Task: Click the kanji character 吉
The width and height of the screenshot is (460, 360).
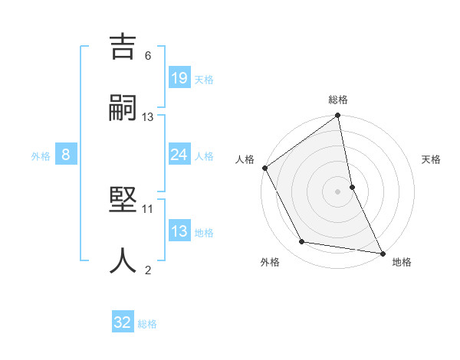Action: (123, 47)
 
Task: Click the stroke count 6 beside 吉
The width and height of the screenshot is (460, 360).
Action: (148, 55)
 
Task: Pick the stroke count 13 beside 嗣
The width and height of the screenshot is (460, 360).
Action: (148, 116)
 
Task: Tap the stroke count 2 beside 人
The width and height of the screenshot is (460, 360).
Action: (148, 270)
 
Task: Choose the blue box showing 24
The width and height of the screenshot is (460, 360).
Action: (179, 155)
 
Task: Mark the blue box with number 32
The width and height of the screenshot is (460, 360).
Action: (123, 322)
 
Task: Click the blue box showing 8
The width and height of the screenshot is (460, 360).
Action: (66, 155)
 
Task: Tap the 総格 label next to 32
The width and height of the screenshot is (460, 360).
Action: (147, 324)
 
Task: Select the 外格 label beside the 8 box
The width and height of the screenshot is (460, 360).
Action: (41, 156)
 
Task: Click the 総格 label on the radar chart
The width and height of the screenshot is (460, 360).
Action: (338, 100)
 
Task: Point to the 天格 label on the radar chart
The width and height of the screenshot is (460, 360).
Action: (431, 159)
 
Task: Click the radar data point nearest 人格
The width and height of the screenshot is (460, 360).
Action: (265, 168)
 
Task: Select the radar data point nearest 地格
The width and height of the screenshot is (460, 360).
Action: (383, 253)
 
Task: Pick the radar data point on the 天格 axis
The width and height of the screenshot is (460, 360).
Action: (352, 186)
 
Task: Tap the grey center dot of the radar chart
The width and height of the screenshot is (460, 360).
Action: (338, 191)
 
